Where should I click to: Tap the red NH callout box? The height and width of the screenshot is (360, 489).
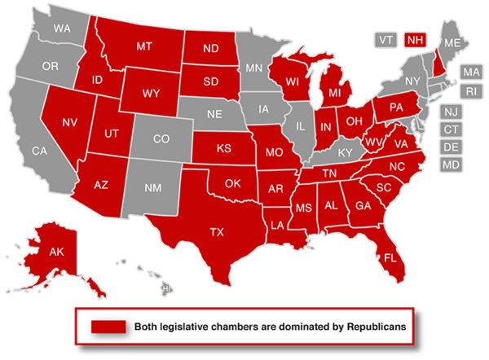[x=415, y=39]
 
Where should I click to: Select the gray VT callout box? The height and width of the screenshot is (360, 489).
[x=385, y=39]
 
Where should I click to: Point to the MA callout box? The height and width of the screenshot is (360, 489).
[x=471, y=72]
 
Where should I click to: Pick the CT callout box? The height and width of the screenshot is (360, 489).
[x=451, y=130]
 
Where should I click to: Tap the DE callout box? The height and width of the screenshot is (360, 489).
[x=451, y=147]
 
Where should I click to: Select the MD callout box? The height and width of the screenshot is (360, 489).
[x=451, y=165]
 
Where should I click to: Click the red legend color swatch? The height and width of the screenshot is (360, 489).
[x=108, y=327]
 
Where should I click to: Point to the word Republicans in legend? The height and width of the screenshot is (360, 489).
[x=365, y=327]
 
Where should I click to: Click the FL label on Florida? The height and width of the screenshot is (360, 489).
[x=390, y=257]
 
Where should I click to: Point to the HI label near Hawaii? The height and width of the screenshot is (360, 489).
[x=167, y=288]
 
